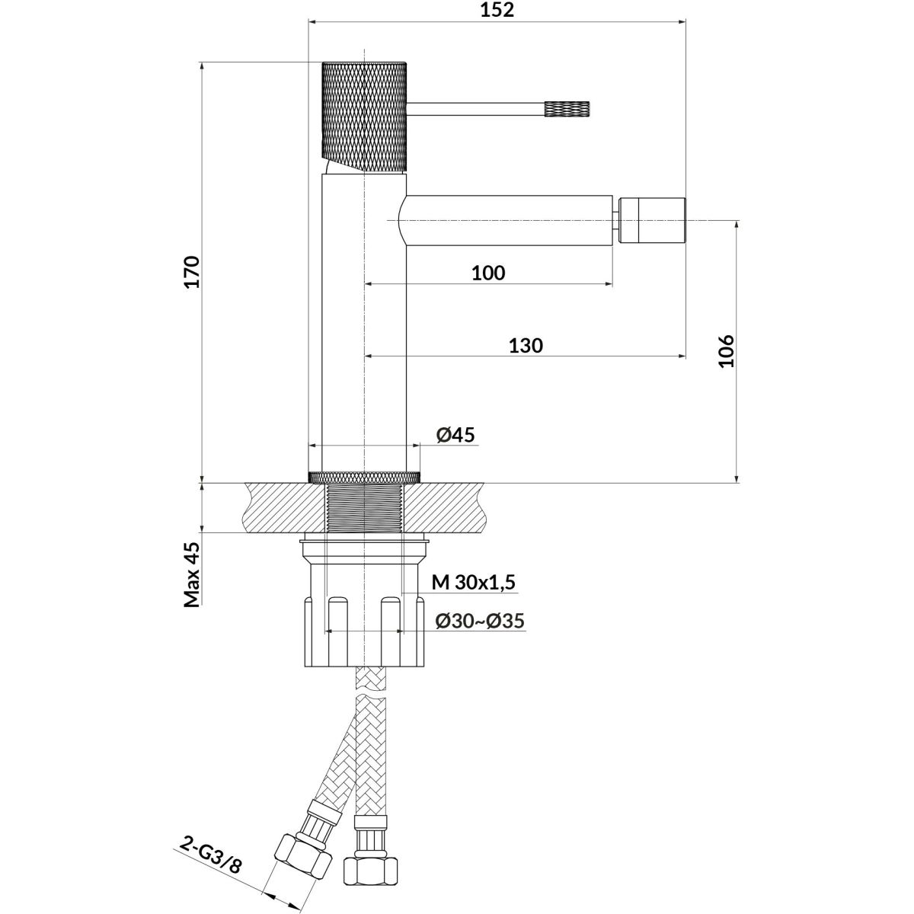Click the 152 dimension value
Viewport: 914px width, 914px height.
point(498,10)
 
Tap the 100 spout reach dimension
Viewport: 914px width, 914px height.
point(488,273)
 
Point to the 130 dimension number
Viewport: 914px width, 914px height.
point(526,345)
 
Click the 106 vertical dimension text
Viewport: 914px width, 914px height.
point(725,351)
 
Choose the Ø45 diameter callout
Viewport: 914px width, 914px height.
point(455,435)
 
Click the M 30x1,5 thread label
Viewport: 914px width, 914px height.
point(474,583)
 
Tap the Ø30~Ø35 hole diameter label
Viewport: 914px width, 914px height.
point(480,621)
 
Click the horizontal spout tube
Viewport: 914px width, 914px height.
point(507,221)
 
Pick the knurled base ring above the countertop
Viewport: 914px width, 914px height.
point(364,477)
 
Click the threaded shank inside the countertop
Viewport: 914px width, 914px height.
point(364,507)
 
